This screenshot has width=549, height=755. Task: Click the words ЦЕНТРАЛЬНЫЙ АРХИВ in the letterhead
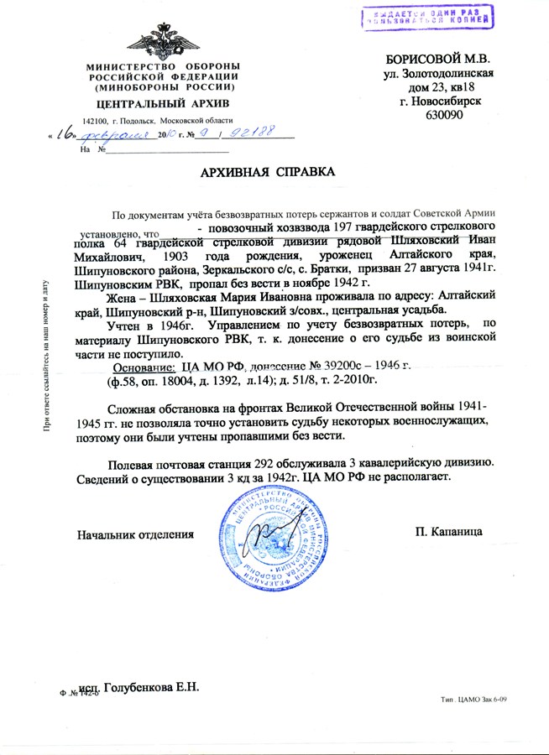tap(160, 105)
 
